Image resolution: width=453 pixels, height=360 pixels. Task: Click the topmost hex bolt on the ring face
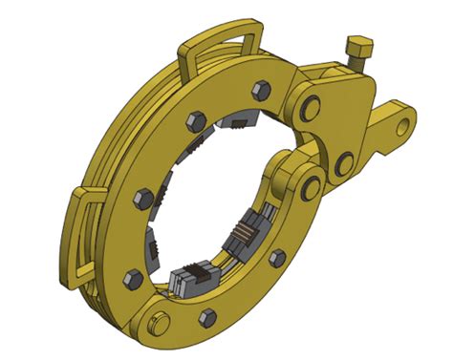pos(259,92)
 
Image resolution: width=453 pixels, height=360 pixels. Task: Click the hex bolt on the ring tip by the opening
pos(277,257)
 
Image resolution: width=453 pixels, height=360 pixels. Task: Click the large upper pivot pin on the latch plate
pos(310,102)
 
